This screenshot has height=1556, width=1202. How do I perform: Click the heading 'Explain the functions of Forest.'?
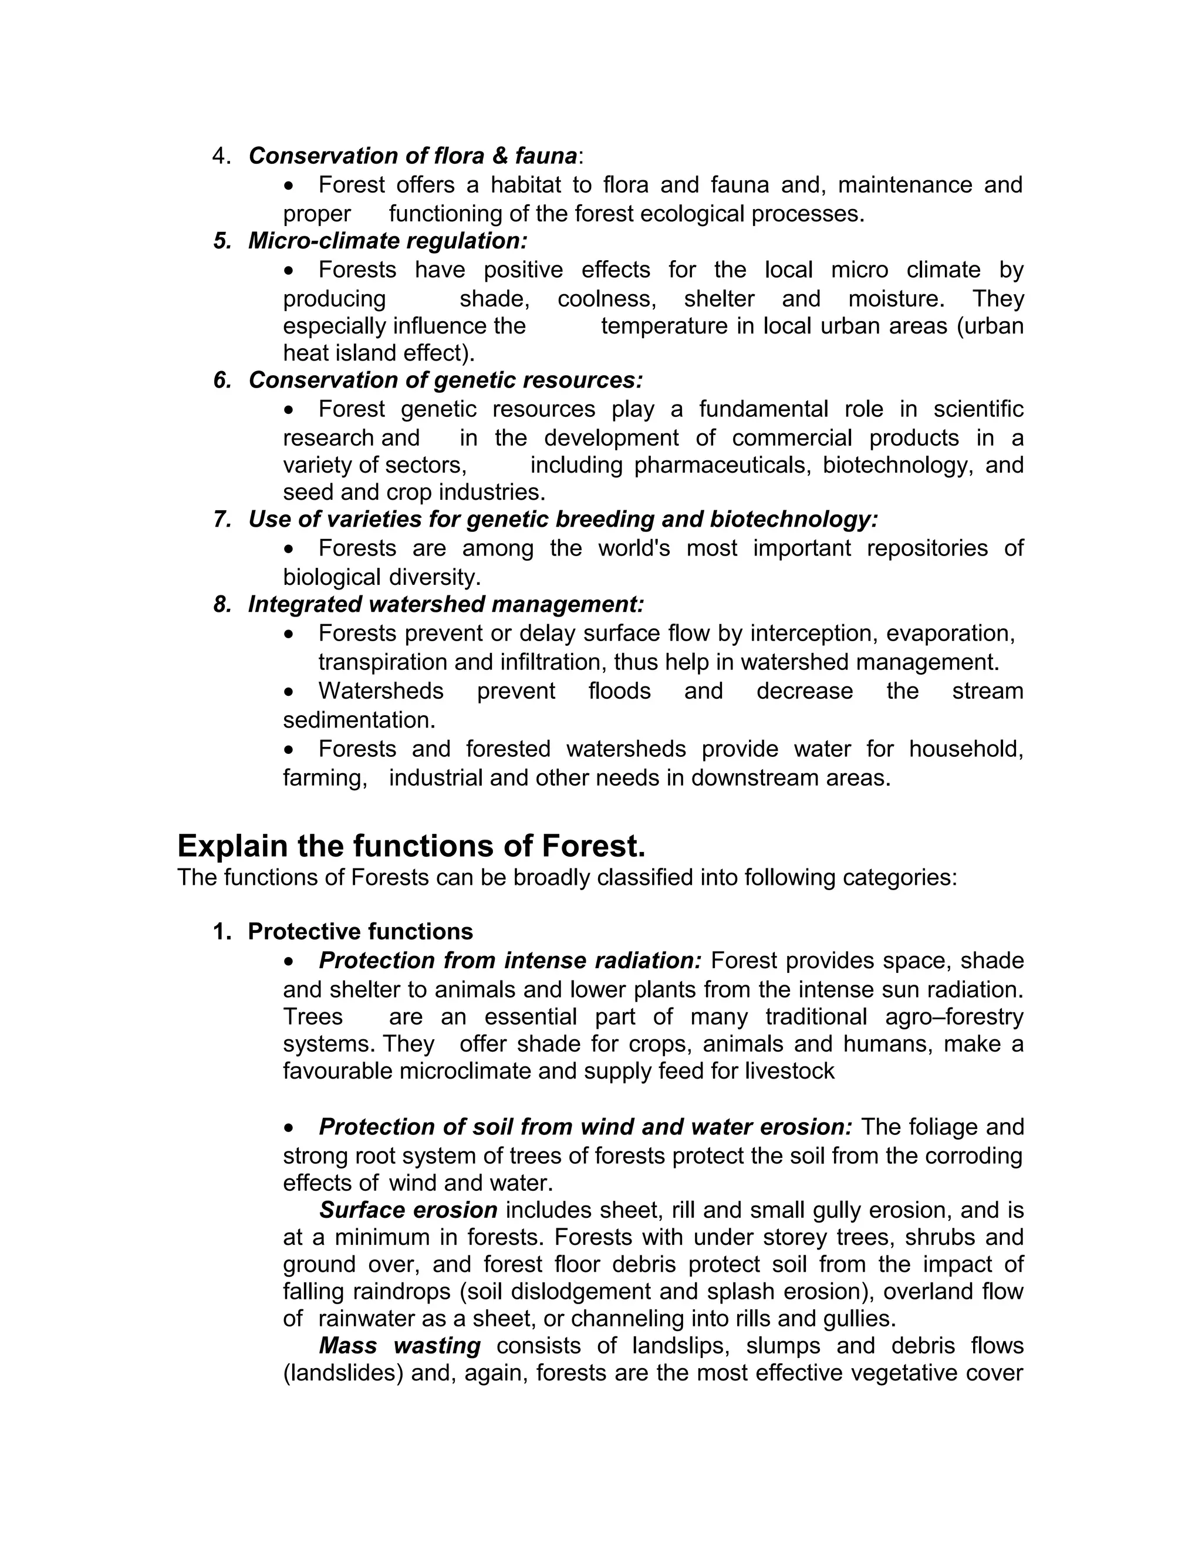coord(411,846)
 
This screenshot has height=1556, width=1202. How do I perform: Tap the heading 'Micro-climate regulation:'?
coord(387,241)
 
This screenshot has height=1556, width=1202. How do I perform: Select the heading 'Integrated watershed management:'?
coord(446,604)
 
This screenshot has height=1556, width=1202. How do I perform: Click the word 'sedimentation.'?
coord(359,720)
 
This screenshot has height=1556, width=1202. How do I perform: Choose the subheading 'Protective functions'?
coord(360,931)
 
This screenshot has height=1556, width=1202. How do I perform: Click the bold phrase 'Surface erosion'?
coord(408,1210)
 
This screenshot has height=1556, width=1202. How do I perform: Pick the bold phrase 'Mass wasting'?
coord(400,1345)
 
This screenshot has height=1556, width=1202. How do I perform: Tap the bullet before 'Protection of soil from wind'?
coord(288,1128)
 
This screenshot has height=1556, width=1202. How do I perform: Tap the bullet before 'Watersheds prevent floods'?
coord(288,692)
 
